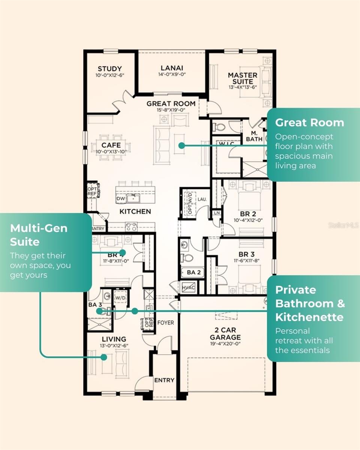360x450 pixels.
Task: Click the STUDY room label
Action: pyautogui.click(x=109, y=69)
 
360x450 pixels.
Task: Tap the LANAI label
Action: pyautogui.click(x=172, y=68)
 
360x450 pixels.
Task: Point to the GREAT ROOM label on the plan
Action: pyautogui.click(x=171, y=103)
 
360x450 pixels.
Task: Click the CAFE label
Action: pyautogui.click(x=111, y=145)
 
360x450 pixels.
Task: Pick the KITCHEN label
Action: pyautogui.click(x=135, y=211)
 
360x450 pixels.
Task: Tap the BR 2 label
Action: pyautogui.click(x=247, y=214)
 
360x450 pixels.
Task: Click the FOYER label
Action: pyautogui.click(x=165, y=322)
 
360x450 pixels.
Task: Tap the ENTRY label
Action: pyautogui.click(x=164, y=380)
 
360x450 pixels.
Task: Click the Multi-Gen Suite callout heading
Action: pyautogui.click(x=39, y=235)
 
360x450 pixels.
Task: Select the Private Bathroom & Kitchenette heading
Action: pyautogui.click(x=309, y=303)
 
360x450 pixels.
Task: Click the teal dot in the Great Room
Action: pyautogui.click(x=181, y=145)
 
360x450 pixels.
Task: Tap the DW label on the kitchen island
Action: pyautogui.click(x=121, y=199)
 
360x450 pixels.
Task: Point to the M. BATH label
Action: pyautogui.click(x=254, y=136)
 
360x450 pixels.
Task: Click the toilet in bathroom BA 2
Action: pyautogui.click(x=186, y=258)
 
